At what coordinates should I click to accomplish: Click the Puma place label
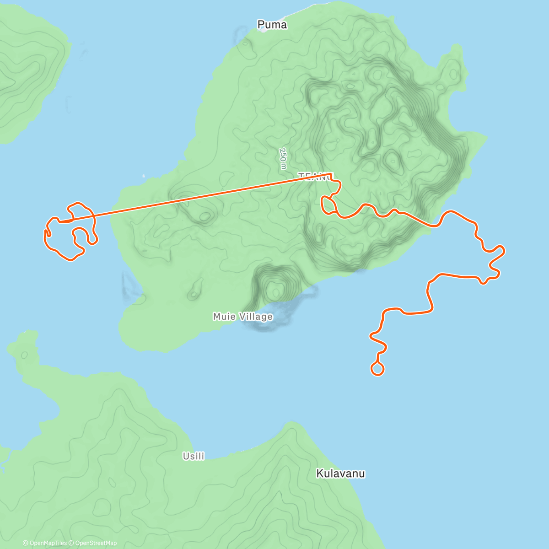coord(272,25)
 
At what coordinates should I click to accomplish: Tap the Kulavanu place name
coord(340,474)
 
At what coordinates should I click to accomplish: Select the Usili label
coord(194,456)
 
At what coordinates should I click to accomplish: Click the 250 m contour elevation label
coord(283,158)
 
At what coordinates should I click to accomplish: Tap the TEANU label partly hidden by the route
coord(315,176)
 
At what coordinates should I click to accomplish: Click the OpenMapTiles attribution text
coord(48,543)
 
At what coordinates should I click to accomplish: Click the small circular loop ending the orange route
coord(377,368)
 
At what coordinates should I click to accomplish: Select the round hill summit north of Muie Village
coord(275,289)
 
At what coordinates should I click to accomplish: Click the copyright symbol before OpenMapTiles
coord(26,543)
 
